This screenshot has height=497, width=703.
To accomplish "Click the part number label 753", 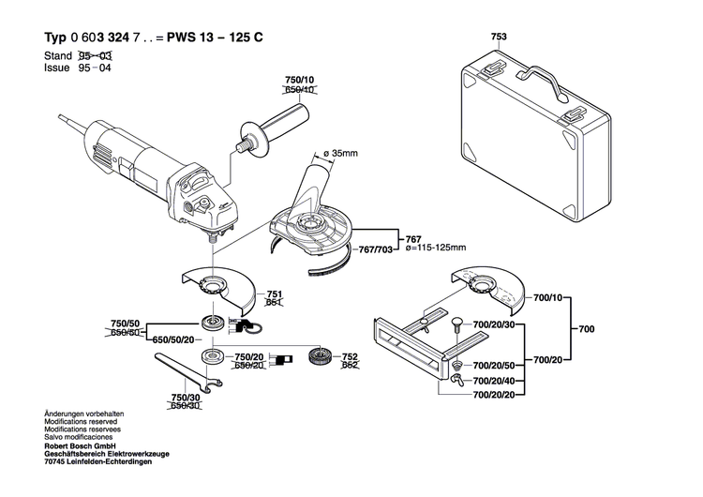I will click(498, 38).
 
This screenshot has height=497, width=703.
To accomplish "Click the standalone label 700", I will click(586, 330).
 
